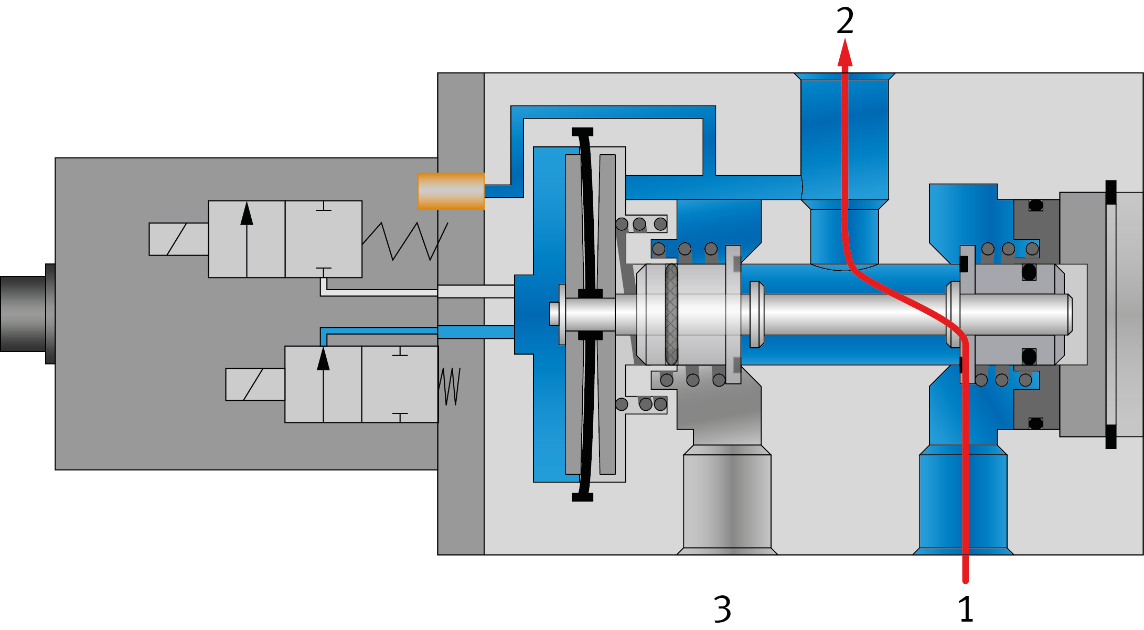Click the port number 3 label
(x=722, y=608)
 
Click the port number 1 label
(x=965, y=608)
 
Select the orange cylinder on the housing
(x=451, y=191)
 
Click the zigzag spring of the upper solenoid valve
(x=405, y=241)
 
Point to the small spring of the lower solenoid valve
(x=450, y=386)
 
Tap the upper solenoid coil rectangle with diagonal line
(x=178, y=239)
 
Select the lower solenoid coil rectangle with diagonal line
(x=255, y=385)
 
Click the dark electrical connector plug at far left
(x=26, y=313)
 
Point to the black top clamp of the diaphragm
(x=582, y=132)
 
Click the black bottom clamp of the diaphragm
(x=582, y=497)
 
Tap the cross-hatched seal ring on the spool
(x=671, y=314)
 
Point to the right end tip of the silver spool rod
(x=1069, y=314)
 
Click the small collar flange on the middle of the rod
(x=756, y=314)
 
